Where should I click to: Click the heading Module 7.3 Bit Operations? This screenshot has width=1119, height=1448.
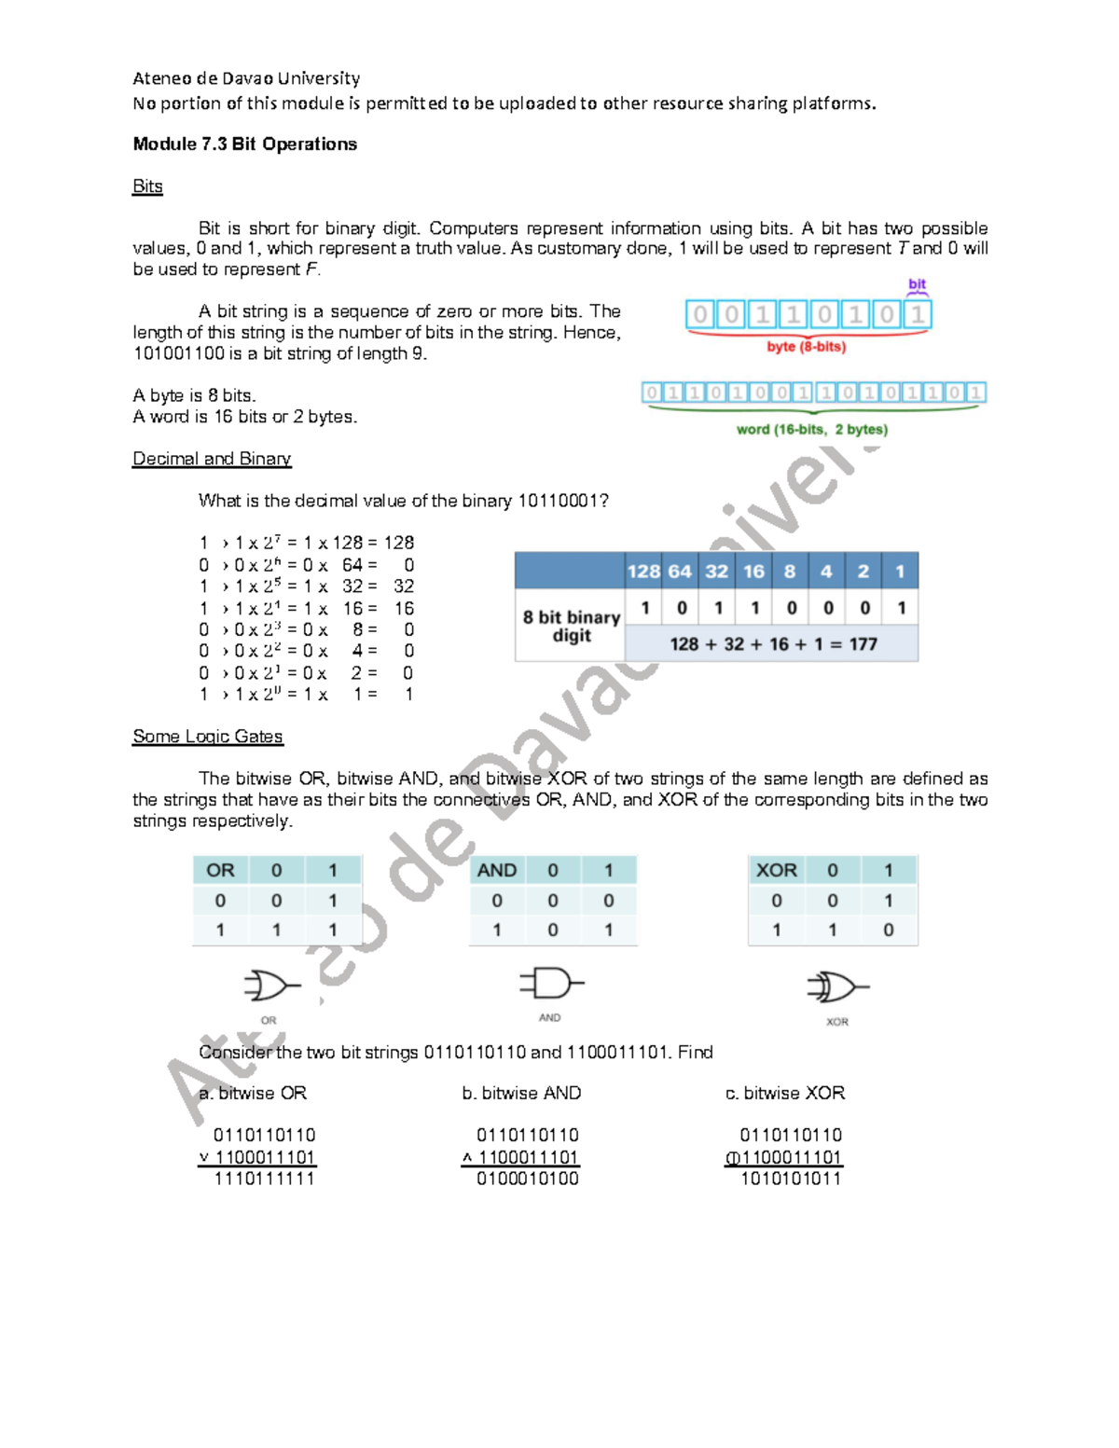click(x=244, y=144)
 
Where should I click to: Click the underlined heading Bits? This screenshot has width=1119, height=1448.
click(x=147, y=186)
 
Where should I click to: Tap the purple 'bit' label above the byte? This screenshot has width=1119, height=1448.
click(x=917, y=283)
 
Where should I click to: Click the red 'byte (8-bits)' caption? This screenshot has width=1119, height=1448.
click(x=806, y=347)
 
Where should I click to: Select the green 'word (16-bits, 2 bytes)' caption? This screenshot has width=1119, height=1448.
click(x=811, y=430)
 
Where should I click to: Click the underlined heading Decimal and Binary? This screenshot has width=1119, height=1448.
click(x=212, y=459)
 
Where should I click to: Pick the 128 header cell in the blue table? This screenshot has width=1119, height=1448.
click(x=643, y=572)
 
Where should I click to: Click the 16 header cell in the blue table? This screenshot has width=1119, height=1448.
click(x=753, y=572)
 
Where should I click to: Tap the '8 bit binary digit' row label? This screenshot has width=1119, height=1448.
click(x=571, y=626)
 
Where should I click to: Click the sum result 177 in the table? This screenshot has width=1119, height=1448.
click(x=863, y=644)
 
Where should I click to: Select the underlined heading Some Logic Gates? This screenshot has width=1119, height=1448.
click(x=207, y=737)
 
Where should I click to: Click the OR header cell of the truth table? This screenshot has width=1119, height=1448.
click(x=220, y=870)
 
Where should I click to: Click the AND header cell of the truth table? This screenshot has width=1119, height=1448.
click(x=496, y=870)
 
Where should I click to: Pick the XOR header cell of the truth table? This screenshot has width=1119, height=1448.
click(x=776, y=870)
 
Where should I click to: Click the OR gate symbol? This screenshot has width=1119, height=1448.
click(x=269, y=986)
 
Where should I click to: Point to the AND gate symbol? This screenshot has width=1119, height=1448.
click(x=550, y=983)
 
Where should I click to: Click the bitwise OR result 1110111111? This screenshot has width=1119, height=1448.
click(x=265, y=1179)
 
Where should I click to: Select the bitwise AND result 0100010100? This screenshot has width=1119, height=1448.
click(x=528, y=1179)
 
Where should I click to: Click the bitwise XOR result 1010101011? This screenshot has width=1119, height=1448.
click(x=791, y=1179)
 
